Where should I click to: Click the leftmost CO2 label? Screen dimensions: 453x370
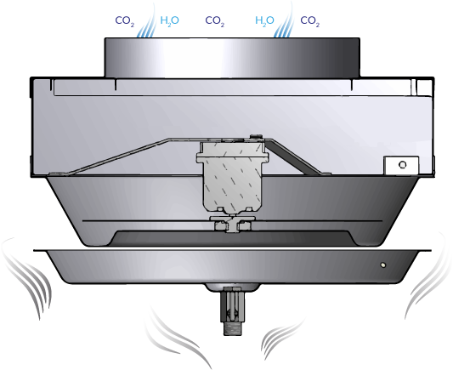tap(125, 21)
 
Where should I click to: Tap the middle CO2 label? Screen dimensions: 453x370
tap(215, 21)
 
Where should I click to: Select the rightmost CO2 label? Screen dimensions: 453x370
tap(310, 21)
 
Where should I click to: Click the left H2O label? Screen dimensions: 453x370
tap(170, 20)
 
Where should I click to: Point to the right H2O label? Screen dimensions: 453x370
tap(264, 20)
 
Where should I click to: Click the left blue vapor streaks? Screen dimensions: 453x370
tap(146, 21)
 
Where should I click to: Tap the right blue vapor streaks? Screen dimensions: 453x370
tap(284, 21)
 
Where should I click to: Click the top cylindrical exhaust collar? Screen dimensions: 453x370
tap(232, 58)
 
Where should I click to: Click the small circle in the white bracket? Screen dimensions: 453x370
tap(402, 165)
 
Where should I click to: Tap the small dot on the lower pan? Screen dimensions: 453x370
tap(382, 265)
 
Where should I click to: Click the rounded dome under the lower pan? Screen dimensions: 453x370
tap(232, 287)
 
